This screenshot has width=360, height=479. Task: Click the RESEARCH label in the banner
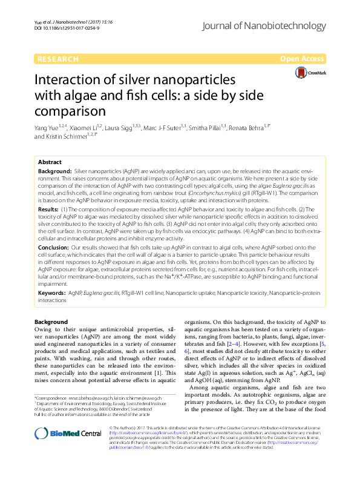tap(57, 59)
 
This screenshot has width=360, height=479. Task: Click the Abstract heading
tap(50, 163)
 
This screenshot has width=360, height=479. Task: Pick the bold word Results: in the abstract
tap(48, 208)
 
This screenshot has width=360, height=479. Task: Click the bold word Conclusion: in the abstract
tap(53, 248)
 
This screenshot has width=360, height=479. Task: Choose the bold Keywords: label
tap(52, 292)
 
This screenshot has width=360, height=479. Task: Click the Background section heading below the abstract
tap(51, 322)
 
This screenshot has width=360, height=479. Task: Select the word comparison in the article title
tap(70, 112)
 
